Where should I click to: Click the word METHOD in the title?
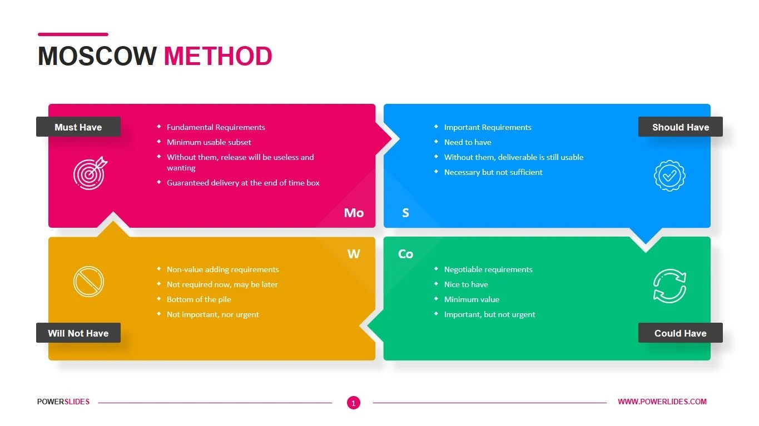tap(218, 56)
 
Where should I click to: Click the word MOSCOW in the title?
tap(97, 56)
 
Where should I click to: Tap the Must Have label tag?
tap(78, 127)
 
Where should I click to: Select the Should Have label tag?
tap(680, 127)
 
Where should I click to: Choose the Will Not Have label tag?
tap(78, 333)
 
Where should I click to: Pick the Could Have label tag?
tap(680, 333)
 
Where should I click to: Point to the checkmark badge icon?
tap(669, 176)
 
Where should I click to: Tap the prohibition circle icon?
tap(88, 281)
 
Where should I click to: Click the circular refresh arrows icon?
tap(669, 286)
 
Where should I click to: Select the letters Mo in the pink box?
tap(354, 213)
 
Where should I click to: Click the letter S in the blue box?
tap(405, 213)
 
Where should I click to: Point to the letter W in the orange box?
tap(354, 254)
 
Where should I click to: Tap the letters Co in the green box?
tap(405, 254)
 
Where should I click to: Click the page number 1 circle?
tap(353, 403)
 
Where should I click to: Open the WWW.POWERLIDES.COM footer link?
tap(662, 402)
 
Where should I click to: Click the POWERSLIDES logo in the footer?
tap(63, 402)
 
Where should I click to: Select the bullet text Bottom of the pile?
tap(199, 299)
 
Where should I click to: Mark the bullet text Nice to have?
tap(466, 284)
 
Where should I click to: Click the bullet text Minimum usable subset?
tap(209, 142)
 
